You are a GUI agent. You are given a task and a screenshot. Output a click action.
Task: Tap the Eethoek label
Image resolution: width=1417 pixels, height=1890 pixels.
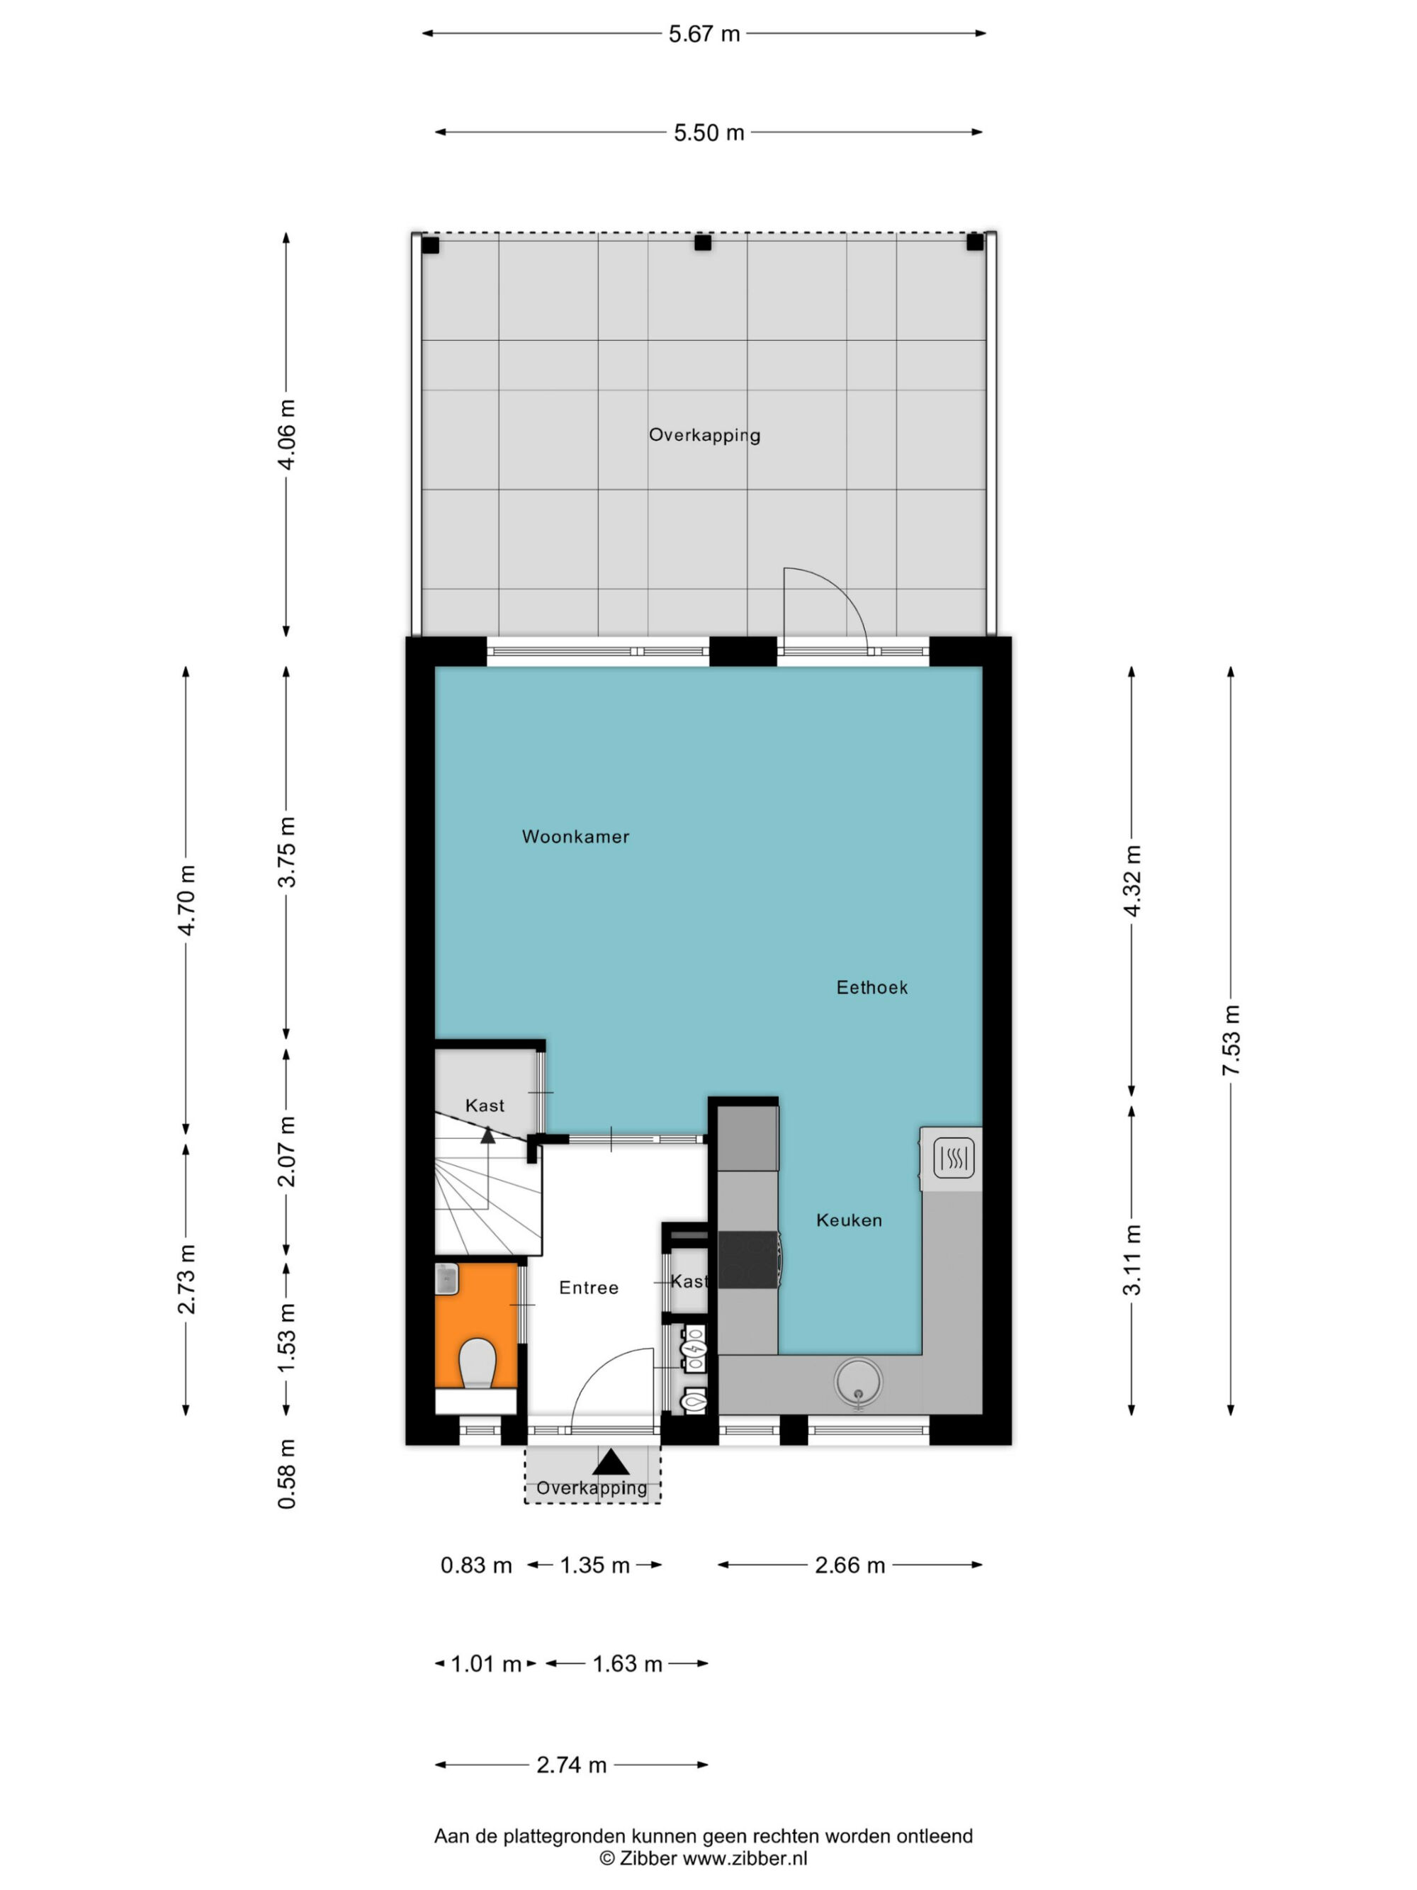point(871,987)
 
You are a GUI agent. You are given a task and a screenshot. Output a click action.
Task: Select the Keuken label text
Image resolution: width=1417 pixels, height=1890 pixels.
point(848,1220)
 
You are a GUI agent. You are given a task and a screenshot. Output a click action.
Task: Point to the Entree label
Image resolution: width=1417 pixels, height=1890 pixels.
point(589,1288)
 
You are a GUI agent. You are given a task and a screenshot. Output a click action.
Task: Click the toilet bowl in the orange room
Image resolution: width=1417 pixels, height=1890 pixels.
point(478,1363)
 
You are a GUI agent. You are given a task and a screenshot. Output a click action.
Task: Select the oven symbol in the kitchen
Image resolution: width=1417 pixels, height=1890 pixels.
point(953,1159)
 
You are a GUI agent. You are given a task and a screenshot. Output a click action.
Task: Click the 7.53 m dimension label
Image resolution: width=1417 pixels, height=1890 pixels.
point(1231,1041)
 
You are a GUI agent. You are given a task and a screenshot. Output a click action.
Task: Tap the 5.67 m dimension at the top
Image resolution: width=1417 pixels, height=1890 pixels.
point(704,34)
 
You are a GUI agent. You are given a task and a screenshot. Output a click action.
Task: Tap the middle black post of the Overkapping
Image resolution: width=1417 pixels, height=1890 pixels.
point(702,242)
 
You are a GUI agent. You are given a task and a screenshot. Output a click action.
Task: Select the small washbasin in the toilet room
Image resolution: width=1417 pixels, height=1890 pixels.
point(447,1279)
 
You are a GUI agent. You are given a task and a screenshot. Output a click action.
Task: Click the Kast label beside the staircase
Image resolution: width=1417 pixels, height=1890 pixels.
point(485,1106)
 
